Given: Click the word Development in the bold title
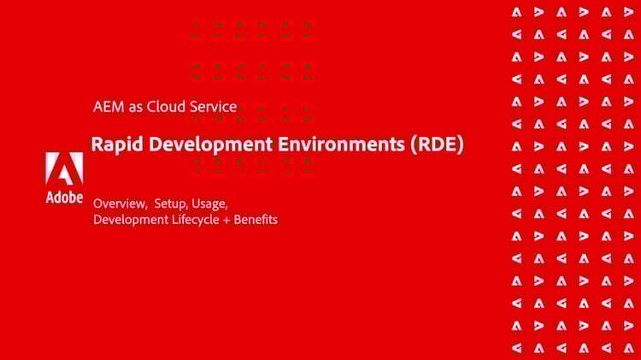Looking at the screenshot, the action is (210, 145).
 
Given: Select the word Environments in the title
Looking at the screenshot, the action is (341, 145).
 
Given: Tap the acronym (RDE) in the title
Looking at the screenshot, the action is (438, 145).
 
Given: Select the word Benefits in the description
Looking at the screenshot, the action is (256, 220).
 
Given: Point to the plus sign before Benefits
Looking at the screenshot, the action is (226, 221).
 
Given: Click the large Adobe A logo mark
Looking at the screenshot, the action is (64, 168).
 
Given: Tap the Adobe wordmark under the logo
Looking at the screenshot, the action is (64, 198).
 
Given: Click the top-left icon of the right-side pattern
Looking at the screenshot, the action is (517, 12).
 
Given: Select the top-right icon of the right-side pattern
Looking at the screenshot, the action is (629, 12).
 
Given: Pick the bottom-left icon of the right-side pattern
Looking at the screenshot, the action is (517, 348).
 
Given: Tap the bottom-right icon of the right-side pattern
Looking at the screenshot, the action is (629, 348).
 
